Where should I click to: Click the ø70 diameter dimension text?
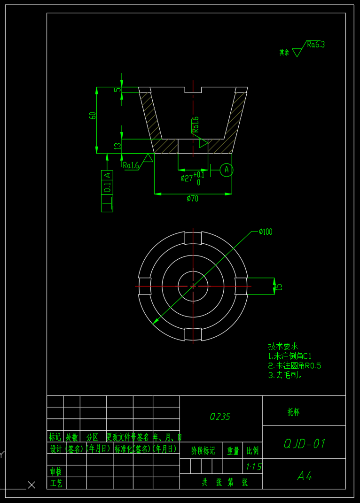click(192, 199)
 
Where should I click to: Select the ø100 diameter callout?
click(266, 232)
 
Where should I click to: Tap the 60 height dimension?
click(93, 116)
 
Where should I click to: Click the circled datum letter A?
click(227, 170)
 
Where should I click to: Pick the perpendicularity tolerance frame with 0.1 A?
click(107, 191)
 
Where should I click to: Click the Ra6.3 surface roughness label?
click(316, 45)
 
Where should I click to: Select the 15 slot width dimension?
click(279, 286)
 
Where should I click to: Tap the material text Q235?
click(220, 417)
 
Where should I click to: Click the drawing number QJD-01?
click(305, 444)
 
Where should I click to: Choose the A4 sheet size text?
click(305, 476)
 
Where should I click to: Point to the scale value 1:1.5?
click(253, 467)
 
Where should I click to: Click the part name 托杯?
click(294, 412)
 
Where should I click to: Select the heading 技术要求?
click(283, 346)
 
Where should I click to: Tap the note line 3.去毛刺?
click(285, 375)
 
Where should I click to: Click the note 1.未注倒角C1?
click(290, 356)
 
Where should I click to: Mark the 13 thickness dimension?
click(118, 146)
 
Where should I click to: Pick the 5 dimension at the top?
click(118, 90)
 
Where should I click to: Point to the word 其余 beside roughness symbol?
click(284, 53)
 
